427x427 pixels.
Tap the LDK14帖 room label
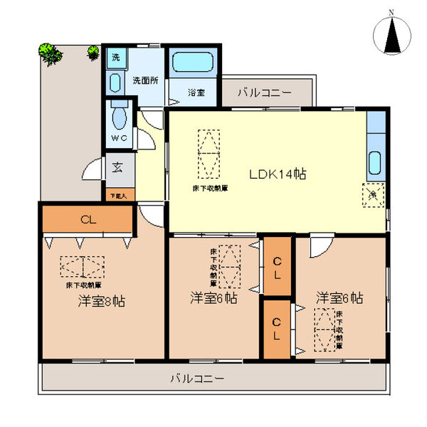point(277,174)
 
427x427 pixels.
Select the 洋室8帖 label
point(102,301)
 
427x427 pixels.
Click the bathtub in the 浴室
point(192,65)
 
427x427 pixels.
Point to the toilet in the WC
point(118,115)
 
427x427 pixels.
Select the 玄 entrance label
point(116,169)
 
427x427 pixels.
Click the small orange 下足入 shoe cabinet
point(117,194)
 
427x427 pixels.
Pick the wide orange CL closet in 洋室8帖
point(87,219)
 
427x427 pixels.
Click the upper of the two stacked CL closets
point(278,267)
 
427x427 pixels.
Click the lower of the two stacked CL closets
point(278,328)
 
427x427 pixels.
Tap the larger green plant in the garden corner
point(50,53)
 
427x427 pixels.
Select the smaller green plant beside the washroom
point(93,51)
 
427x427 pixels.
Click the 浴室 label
point(196,93)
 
